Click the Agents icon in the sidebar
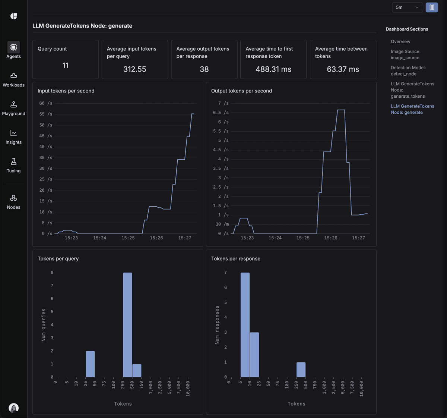pos(13,47)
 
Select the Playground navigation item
pos(13,109)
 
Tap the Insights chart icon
pos(13,133)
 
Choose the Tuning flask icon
pos(13,162)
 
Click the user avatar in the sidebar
pos(14,408)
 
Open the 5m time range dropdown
pos(407,7)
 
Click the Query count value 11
pos(66,66)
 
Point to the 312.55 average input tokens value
pos(134,69)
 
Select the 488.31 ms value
pos(273,69)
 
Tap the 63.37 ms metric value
pos(343,69)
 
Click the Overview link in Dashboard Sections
pos(400,41)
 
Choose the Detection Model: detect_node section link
pos(408,71)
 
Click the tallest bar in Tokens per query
pos(127,325)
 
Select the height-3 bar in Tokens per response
pos(254,355)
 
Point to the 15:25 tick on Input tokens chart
pos(128,238)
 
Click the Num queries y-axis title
pos(44,325)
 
